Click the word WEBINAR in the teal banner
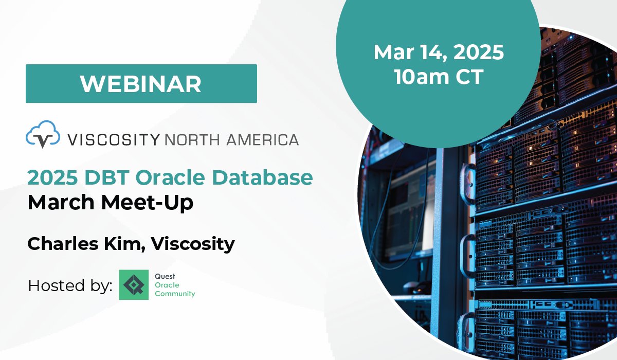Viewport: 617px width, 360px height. click(x=141, y=84)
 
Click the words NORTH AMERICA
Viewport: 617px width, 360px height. click(x=231, y=139)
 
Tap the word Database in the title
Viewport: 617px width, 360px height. click(x=263, y=177)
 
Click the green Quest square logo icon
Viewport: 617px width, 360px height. click(x=134, y=285)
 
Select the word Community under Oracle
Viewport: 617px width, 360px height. click(x=175, y=294)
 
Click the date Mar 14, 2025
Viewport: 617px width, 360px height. click(x=438, y=52)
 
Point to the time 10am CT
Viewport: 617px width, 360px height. click(x=438, y=77)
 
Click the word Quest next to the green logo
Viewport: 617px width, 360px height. click(x=165, y=276)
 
